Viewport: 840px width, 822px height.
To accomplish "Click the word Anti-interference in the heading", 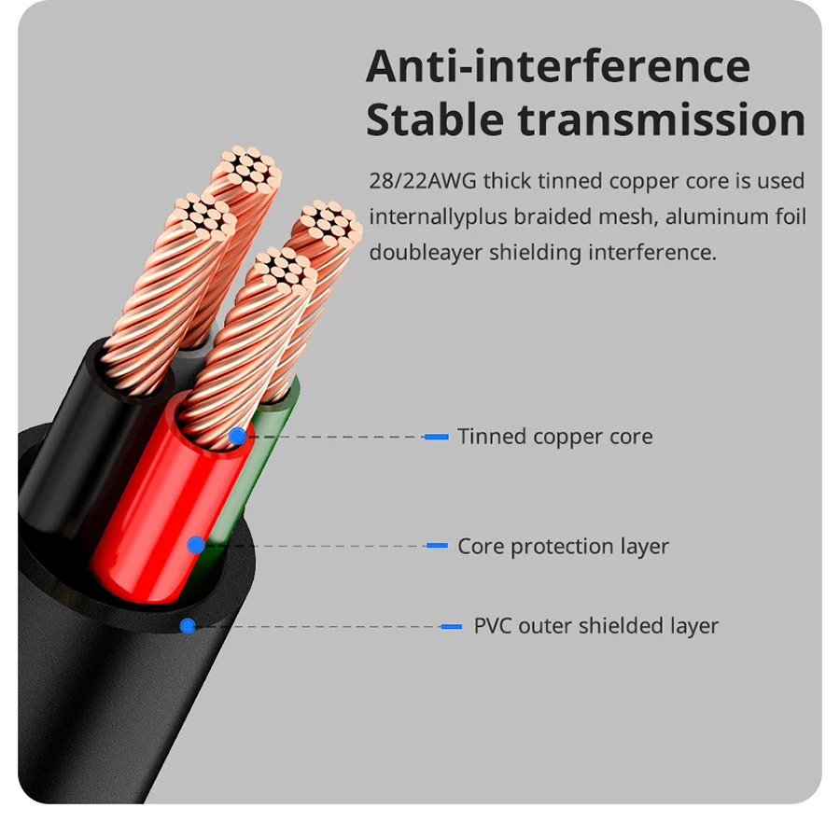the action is (x=557, y=67).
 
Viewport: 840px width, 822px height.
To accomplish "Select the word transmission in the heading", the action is (x=662, y=121).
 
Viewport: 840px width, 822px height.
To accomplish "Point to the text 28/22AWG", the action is (x=422, y=181).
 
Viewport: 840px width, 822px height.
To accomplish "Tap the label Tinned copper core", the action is (x=554, y=437).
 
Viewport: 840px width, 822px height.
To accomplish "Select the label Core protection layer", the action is (x=563, y=546).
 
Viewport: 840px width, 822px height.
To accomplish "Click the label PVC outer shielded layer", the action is (x=595, y=626).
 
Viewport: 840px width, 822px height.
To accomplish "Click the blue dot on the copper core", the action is (x=237, y=436).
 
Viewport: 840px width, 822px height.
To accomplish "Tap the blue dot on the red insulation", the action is (x=196, y=545).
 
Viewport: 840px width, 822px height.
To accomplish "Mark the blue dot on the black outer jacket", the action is (x=188, y=626).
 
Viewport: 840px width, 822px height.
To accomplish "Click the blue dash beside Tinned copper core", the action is (x=437, y=437).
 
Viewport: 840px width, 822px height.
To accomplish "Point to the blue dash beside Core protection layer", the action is (x=437, y=546).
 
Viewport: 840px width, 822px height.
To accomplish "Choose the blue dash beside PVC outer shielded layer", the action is (x=452, y=626).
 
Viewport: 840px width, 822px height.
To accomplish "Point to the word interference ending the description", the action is (x=657, y=252).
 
